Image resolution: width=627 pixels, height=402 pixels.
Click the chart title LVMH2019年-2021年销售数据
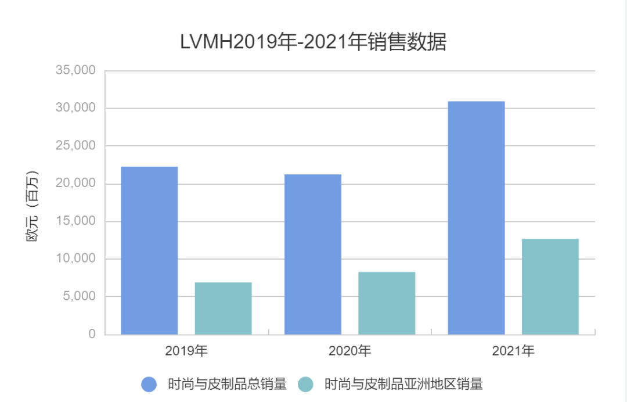313,42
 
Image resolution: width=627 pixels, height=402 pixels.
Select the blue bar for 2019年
149,250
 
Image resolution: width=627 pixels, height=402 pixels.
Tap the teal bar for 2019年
223,308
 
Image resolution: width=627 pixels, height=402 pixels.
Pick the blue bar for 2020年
313,254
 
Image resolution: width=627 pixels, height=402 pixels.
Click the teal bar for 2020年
387,303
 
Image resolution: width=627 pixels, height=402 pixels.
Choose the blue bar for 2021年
476,218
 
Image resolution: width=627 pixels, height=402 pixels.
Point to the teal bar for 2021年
550,286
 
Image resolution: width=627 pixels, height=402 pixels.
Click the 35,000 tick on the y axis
75,70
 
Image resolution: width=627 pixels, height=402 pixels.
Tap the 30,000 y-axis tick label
75,108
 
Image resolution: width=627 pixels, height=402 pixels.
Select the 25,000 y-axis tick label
75,146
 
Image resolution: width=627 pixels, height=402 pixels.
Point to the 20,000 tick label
75,184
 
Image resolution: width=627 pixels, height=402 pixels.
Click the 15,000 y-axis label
75,221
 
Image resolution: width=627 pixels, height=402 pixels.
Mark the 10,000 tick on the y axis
75,259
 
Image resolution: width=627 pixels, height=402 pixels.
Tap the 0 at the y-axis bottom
92,334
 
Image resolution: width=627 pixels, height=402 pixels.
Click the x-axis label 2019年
186,351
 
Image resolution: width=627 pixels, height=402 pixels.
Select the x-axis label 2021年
513,351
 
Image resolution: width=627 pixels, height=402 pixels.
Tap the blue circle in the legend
149,384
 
